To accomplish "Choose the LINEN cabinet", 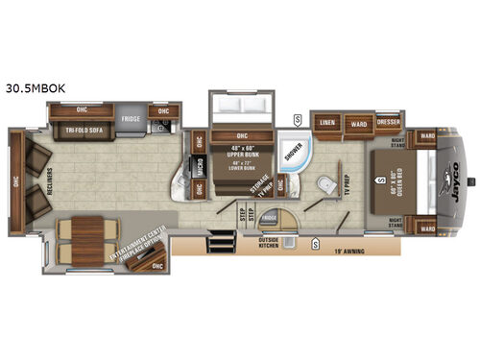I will click(x=326, y=123).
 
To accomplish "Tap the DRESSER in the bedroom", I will click(x=388, y=122).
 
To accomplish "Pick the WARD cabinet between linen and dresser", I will click(x=358, y=123).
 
